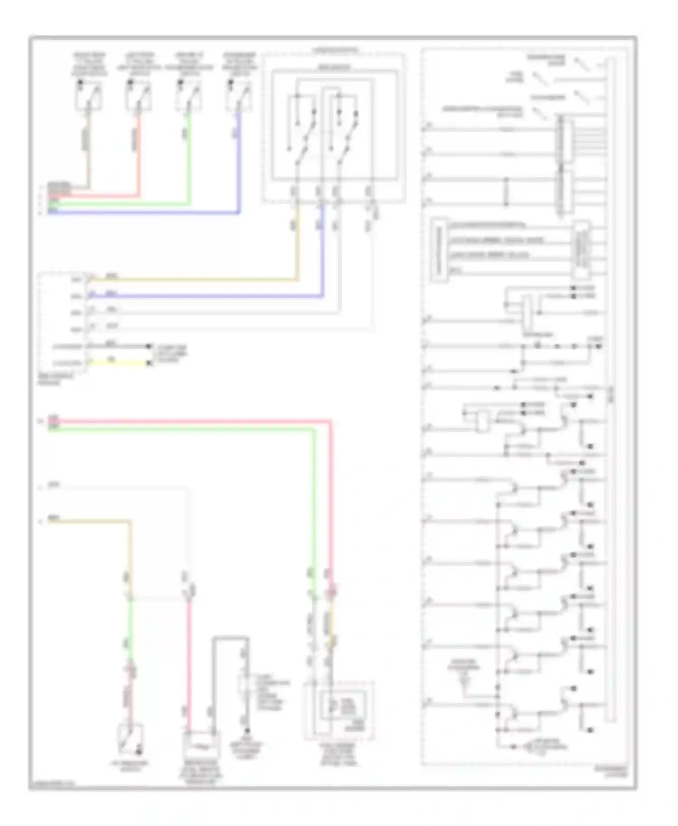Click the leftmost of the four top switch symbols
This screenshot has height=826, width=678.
[88, 96]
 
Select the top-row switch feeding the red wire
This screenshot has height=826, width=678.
[138, 96]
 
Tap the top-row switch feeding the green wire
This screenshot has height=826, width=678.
[188, 96]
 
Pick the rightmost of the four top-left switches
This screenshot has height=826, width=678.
[239, 96]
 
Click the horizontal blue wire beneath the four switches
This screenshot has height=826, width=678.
[145, 212]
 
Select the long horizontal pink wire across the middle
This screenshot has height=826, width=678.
[190, 422]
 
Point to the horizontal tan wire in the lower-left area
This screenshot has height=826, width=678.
[90, 521]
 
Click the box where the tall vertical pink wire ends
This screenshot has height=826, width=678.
[201, 745]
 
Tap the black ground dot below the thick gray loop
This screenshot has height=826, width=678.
[247, 731]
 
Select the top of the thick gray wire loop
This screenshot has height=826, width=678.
[231, 638]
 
